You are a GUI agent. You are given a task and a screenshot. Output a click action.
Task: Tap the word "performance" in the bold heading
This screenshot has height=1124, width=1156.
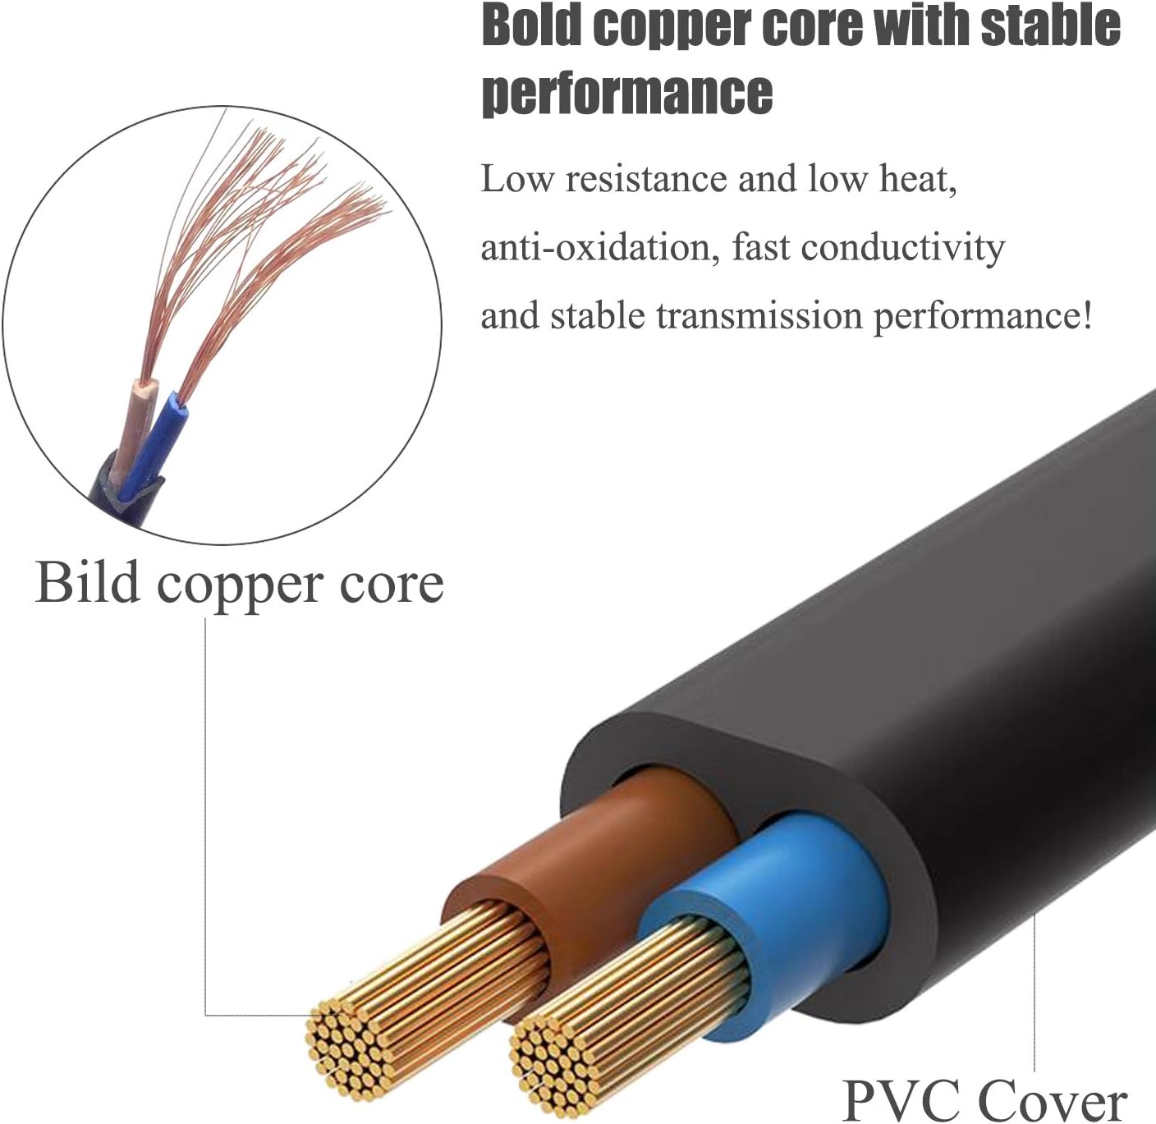[x=626, y=93]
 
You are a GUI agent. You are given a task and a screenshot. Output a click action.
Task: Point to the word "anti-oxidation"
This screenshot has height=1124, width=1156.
[x=595, y=246]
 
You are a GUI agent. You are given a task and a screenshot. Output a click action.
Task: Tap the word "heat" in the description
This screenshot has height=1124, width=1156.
[x=917, y=179]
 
